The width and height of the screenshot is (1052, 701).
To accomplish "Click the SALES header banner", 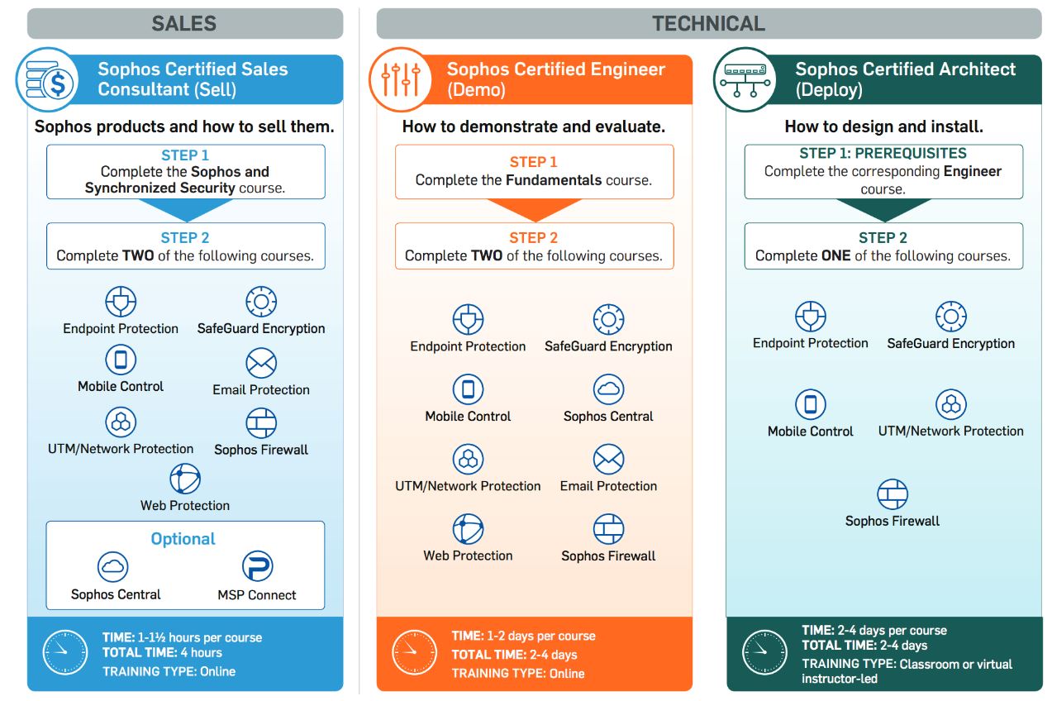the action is [x=185, y=23].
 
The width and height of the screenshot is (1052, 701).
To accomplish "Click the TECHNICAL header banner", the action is [x=709, y=23].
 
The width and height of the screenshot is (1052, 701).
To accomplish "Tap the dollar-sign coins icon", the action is [x=47, y=79].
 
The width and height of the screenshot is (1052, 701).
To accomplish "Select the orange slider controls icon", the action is [x=401, y=79].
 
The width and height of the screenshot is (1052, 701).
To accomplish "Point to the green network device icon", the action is [x=745, y=79].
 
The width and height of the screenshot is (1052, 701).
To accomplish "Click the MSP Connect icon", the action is [x=257, y=565].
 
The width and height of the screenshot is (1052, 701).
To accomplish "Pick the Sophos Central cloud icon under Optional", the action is [x=112, y=566].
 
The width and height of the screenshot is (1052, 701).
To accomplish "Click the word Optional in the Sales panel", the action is [x=183, y=538].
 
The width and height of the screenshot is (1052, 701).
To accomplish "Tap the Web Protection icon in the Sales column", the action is [x=185, y=479].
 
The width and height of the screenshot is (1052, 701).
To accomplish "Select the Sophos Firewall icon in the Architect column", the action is [x=893, y=494].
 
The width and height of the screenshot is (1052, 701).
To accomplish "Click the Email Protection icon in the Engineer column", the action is [x=609, y=459].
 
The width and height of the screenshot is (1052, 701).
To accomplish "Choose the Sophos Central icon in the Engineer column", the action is [x=609, y=389].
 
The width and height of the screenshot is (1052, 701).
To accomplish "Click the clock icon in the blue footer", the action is [x=64, y=652].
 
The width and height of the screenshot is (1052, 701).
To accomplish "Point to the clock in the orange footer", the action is [x=414, y=652].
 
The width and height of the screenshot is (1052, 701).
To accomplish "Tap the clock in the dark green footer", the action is [x=764, y=652].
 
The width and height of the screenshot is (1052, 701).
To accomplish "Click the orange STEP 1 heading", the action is [x=534, y=162].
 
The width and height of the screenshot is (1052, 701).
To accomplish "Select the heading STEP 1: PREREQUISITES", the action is [x=883, y=153].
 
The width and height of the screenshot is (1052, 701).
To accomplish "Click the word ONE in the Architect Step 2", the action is [x=836, y=255].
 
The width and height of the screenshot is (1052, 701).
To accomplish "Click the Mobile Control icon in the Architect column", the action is [x=811, y=404].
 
